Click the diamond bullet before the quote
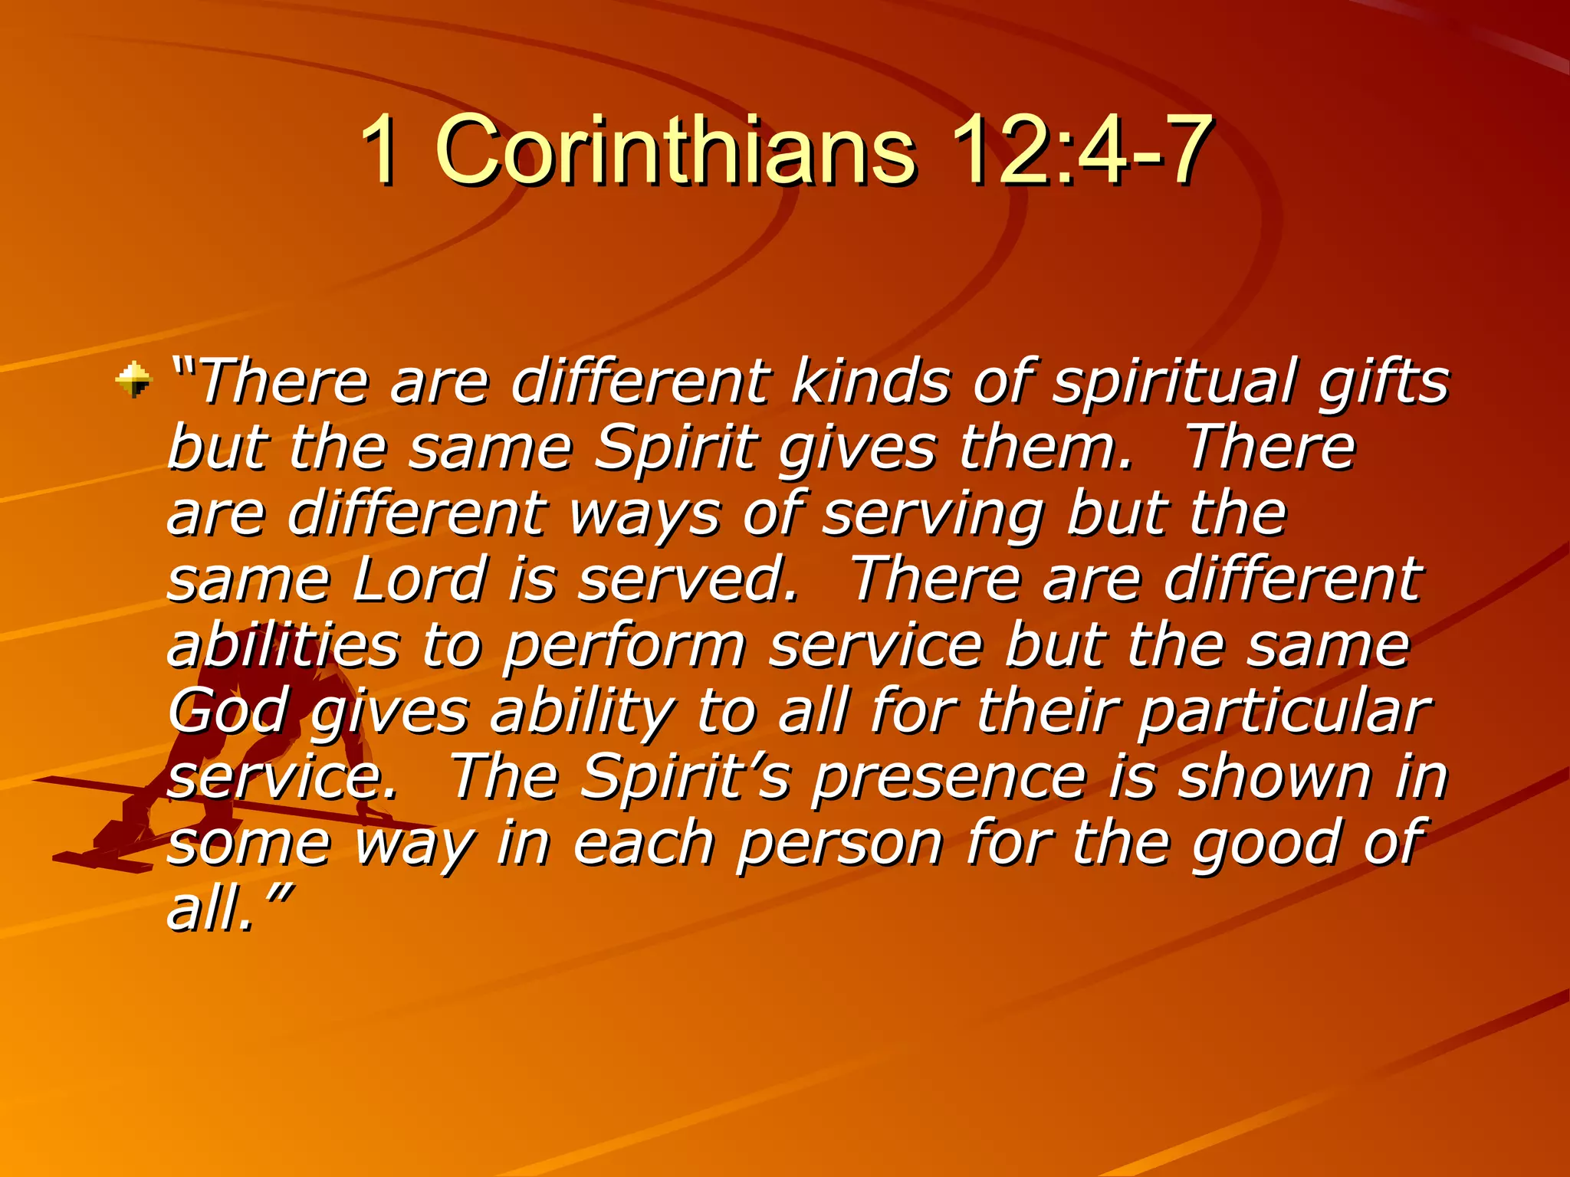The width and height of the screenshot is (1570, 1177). (x=134, y=379)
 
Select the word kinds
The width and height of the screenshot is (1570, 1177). (x=870, y=381)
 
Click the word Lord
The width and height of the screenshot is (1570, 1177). (x=420, y=579)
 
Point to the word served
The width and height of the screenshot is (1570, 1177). (x=687, y=579)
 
